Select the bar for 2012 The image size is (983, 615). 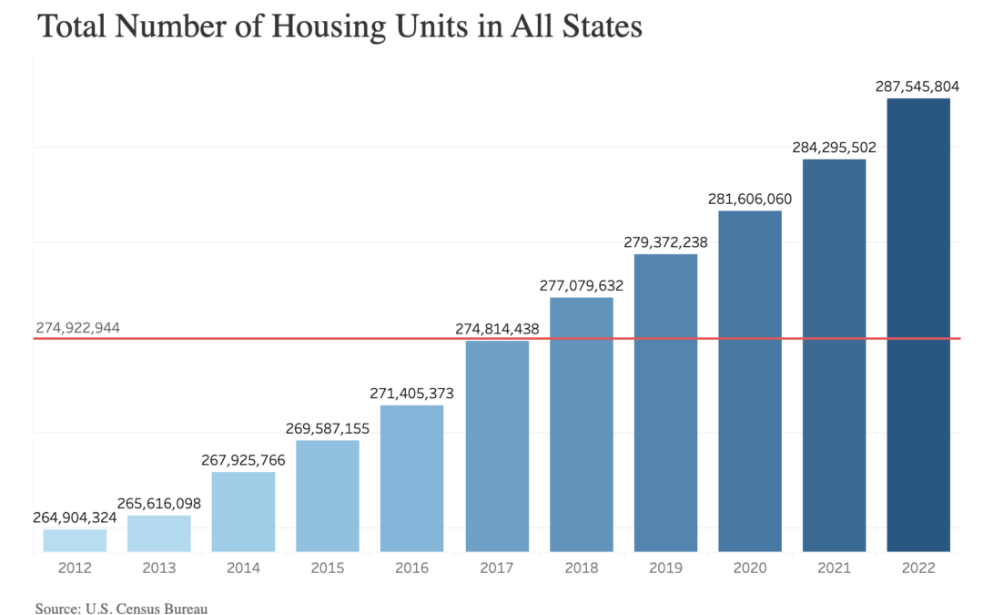click(75, 540)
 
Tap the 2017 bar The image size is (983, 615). click(497, 446)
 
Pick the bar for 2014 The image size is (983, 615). click(243, 511)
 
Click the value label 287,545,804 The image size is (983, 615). click(918, 86)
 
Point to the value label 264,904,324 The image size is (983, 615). click(75, 518)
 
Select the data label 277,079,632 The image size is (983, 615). click(581, 285)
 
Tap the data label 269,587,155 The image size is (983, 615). click(328, 428)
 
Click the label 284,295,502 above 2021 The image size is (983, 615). click(834, 147)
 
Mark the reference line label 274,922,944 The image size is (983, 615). click(78, 327)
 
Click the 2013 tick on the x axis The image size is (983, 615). click(158, 568)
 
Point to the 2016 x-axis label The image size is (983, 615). click(412, 568)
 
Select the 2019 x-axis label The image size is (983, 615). click(665, 568)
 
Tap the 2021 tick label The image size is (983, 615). click(834, 568)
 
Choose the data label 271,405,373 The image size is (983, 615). click(412, 393)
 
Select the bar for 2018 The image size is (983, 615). click(581, 424)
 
